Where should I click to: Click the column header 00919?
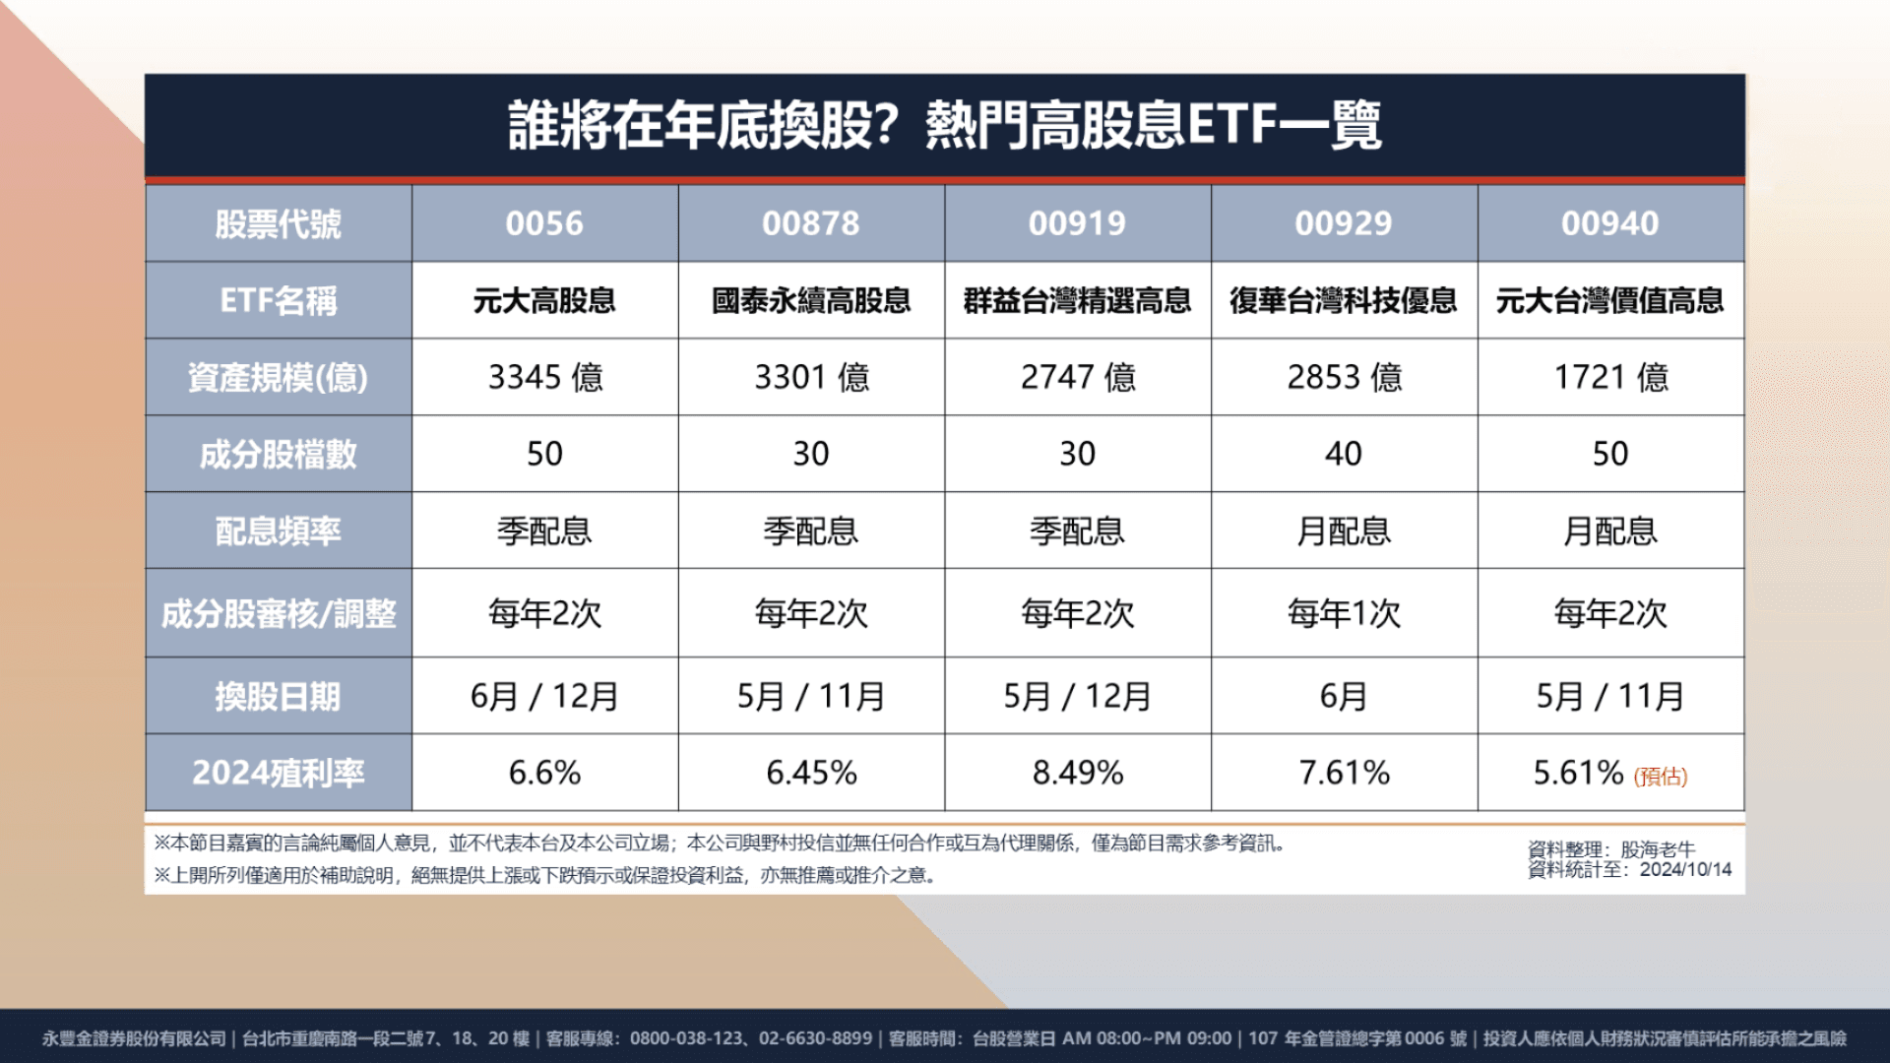1077,223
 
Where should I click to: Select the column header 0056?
544,223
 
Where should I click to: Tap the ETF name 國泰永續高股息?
811,300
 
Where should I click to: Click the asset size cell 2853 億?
1344,377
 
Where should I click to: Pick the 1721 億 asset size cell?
1610,377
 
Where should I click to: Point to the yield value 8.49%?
1077,773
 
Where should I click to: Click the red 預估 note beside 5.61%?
1661,777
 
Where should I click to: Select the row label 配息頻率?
279,531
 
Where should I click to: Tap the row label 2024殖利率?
279,773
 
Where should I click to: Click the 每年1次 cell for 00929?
1344,613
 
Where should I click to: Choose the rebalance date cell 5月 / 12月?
1077,696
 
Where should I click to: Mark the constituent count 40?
1344,454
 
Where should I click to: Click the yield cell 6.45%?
811,773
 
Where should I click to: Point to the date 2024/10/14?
1685,870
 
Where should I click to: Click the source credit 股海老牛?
1658,849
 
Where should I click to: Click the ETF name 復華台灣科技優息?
1344,300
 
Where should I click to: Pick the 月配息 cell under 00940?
1610,531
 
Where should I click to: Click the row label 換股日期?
279,696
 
